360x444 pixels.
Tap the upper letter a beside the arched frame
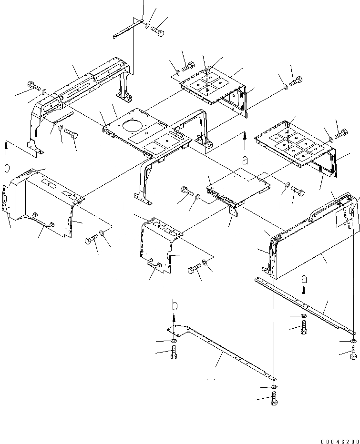pos(245,161)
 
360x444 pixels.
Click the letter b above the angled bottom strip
pos(175,304)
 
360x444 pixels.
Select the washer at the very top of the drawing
pos(147,26)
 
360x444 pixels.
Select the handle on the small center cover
pos(154,263)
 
